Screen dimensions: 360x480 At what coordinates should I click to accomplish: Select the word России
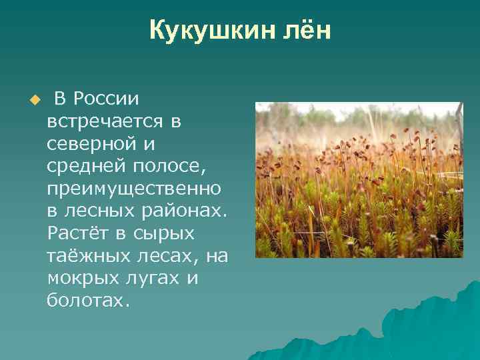click(x=106, y=99)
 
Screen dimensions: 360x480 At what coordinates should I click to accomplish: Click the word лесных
click(x=95, y=211)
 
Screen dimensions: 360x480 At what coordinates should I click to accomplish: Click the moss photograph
click(x=359, y=180)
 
